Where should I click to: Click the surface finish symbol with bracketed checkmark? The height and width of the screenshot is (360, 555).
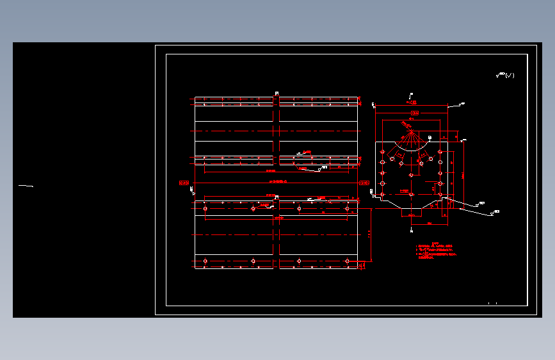click(x=505, y=76)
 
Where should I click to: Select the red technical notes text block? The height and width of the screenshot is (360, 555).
click(x=438, y=250)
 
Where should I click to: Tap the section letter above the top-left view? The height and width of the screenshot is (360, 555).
click(x=277, y=94)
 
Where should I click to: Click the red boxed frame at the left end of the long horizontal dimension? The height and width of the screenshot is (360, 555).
click(x=184, y=183)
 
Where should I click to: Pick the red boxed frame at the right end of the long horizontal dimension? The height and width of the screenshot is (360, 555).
click(x=364, y=183)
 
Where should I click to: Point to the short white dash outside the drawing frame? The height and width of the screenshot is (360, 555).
click(x=26, y=186)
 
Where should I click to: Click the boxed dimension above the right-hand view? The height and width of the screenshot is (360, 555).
click(x=414, y=111)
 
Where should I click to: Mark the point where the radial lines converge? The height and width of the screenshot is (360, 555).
click(x=410, y=132)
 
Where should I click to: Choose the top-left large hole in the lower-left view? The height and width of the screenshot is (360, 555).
click(x=205, y=209)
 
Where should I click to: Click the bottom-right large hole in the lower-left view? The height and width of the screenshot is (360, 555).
click(x=348, y=261)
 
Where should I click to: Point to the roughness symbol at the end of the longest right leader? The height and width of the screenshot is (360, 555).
click(x=496, y=211)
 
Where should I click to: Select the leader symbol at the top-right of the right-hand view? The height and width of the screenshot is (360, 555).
click(x=462, y=103)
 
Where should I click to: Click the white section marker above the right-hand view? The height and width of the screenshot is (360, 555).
click(x=410, y=95)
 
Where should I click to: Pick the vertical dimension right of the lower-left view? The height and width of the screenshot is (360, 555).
click(x=370, y=234)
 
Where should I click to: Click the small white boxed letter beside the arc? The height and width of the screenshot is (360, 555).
click(x=430, y=138)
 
